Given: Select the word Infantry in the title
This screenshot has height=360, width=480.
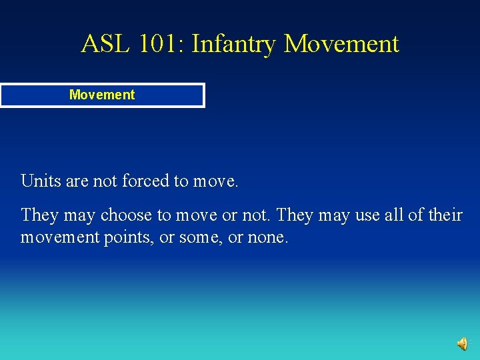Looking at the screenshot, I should tap(233, 44).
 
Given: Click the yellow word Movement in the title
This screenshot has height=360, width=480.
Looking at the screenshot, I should tap(341, 44).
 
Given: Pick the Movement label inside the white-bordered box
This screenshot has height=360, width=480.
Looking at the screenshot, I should tap(102, 95).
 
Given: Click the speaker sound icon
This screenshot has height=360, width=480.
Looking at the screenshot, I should tap(462, 343).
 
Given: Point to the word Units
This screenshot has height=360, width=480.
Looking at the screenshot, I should tap(38, 181).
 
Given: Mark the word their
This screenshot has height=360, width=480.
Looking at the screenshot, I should tap(447, 215).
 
